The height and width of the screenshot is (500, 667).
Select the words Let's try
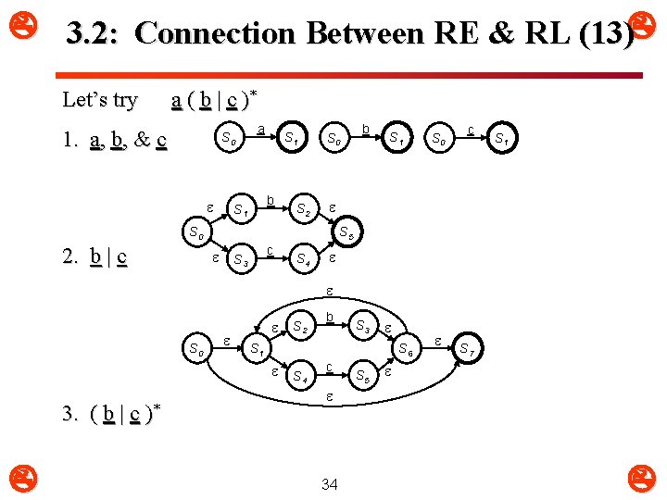99,99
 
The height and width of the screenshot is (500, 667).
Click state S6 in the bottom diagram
406,349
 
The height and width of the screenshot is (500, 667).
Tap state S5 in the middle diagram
345,233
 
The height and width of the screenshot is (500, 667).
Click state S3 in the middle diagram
240,258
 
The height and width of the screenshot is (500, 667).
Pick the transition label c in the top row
472,131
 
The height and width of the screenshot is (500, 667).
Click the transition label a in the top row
261,131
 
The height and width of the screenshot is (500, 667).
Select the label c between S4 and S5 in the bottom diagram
330,368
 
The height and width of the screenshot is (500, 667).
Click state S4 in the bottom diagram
300,377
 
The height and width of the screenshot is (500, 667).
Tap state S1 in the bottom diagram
257,349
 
